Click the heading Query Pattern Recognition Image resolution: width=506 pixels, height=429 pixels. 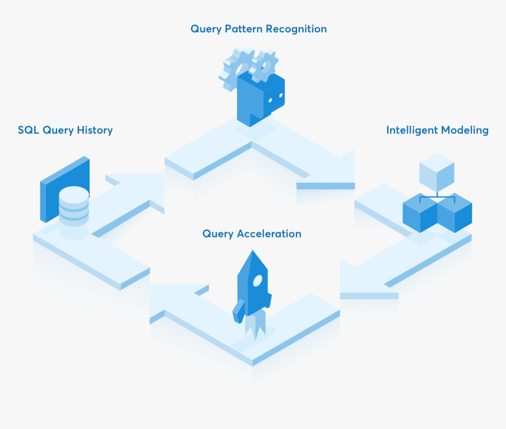(258, 29)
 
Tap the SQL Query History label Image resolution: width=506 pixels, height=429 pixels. (65, 130)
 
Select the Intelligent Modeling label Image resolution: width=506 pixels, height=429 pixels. (437, 130)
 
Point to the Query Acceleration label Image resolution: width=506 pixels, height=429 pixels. (252, 234)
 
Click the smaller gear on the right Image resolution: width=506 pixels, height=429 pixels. (264, 66)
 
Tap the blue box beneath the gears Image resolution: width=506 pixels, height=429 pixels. (261, 100)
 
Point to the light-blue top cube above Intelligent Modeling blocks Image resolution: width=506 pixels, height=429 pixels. (437, 170)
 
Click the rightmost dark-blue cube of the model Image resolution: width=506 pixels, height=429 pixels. (455, 213)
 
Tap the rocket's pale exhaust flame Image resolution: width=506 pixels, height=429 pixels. (255, 327)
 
